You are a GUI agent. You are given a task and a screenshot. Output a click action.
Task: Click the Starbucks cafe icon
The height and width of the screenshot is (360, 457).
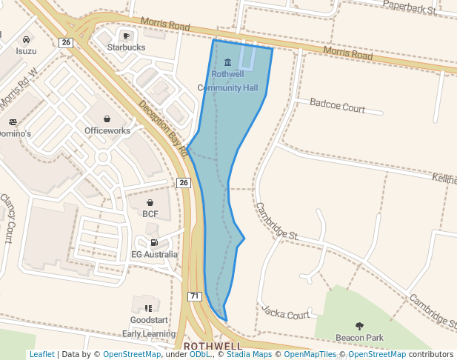point(126,36)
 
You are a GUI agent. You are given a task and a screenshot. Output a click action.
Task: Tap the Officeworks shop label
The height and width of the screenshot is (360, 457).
point(107,130)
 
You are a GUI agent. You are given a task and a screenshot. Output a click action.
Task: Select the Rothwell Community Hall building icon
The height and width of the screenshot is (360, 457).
point(227,61)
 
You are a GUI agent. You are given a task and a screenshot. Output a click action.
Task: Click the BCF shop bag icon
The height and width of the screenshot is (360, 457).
point(150,202)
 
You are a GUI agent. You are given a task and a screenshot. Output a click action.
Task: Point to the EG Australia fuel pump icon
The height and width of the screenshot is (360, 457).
point(154,242)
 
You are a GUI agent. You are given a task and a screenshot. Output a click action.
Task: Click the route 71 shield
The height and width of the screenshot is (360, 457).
point(194,296)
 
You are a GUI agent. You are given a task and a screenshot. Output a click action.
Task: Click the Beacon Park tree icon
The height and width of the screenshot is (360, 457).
point(359,326)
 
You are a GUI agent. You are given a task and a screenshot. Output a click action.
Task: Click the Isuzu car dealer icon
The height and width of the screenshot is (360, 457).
point(26,39)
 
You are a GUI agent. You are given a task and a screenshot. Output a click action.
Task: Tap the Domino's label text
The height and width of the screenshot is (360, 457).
point(15,134)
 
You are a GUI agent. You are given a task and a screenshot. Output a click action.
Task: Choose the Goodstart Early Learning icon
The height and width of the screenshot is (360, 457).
point(148,308)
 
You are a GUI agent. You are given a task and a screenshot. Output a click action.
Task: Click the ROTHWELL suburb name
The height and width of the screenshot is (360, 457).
point(213,346)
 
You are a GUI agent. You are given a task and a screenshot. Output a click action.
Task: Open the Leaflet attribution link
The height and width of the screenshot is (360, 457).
point(41,354)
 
